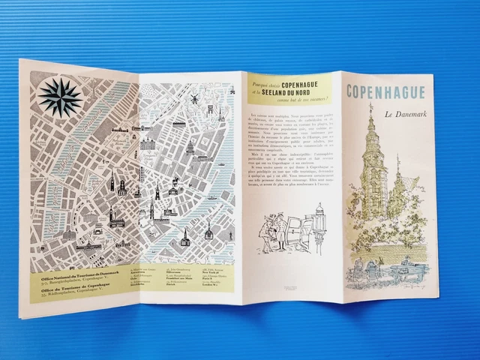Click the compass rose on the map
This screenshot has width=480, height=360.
[x=61, y=97]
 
